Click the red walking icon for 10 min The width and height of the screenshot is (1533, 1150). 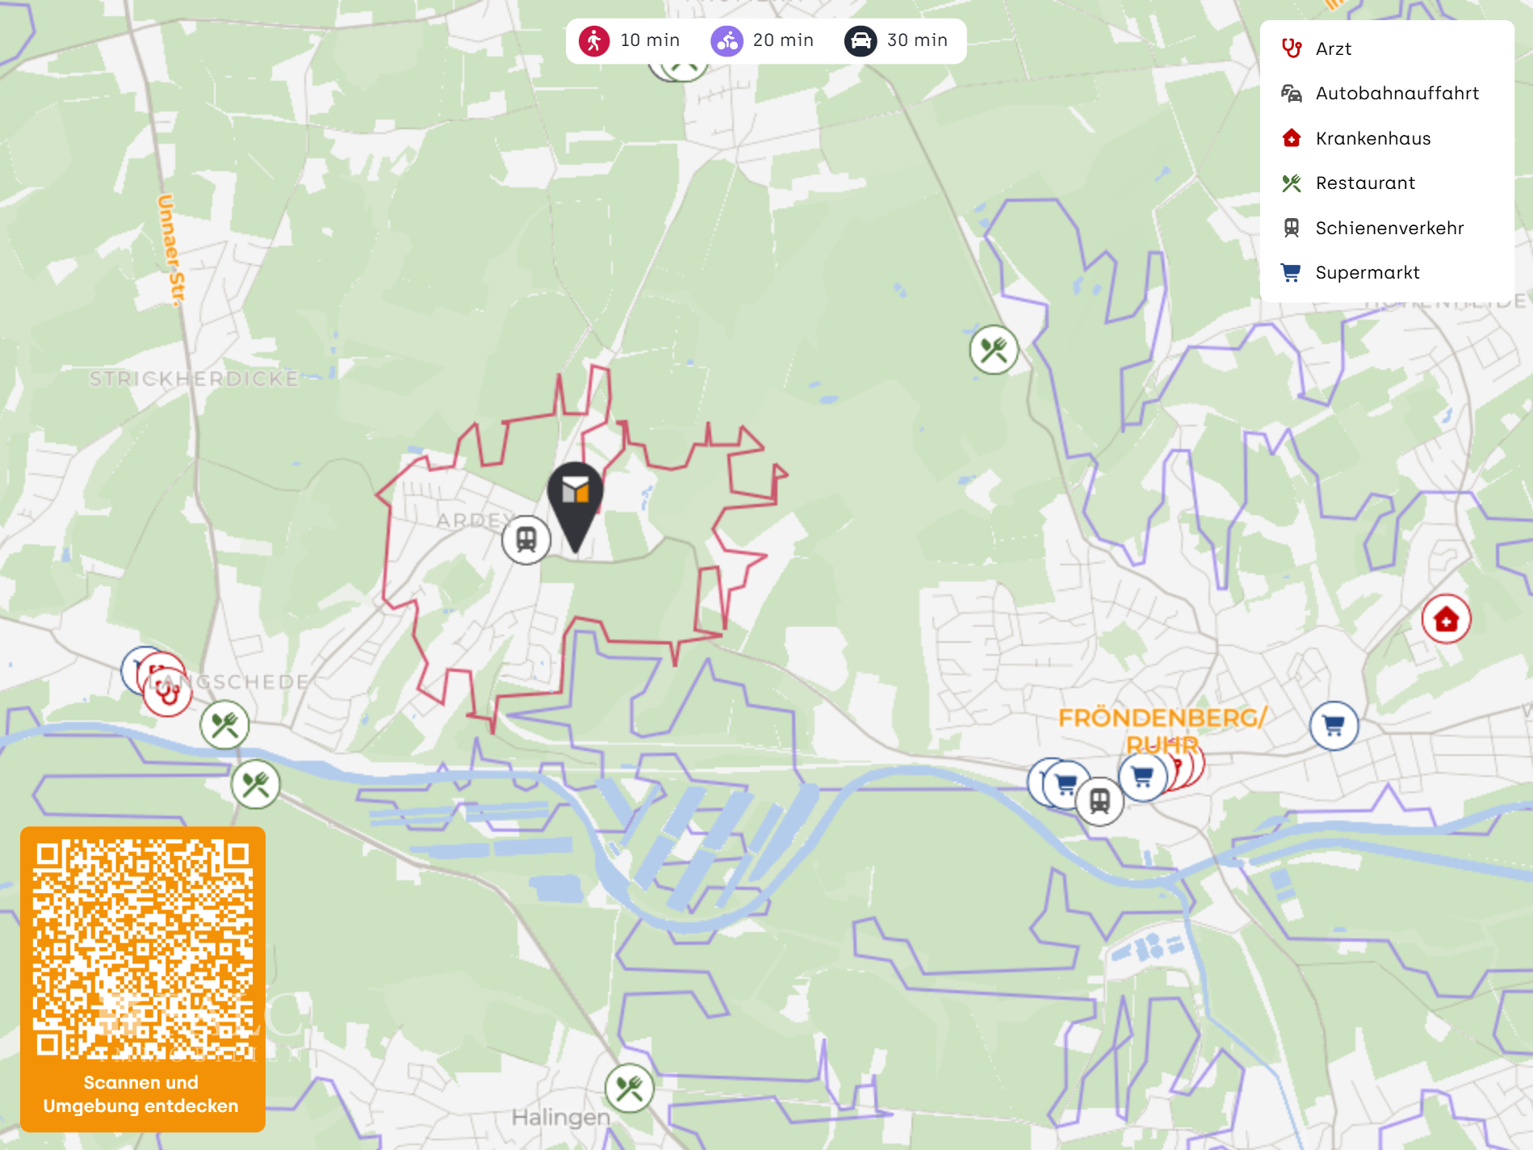pyautogui.click(x=594, y=40)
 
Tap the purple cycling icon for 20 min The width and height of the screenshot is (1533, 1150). pyautogui.click(x=727, y=40)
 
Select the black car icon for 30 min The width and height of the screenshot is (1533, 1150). pyautogui.click(x=861, y=40)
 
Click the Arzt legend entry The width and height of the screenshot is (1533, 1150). pyautogui.click(x=1333, y=49)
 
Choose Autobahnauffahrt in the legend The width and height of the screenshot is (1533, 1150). pyautogui.click(x=1397, y=94)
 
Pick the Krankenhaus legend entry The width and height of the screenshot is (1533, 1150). pyautogui.click(x=1372, y=139)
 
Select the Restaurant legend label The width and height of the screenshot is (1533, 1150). pyautogui.click(x=1365, y=183)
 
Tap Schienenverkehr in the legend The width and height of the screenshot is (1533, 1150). pyautogui.click(x=1388, y=229)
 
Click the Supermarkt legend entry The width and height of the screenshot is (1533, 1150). pyautogui.click(x=1367, y=273)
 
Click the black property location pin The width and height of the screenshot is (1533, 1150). pyautogui.click(x=575, y=497)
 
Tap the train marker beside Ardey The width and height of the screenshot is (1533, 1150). pyautogui.click(x=526, y=539)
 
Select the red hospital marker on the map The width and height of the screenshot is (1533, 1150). pyautogui.click(x=1446, y=619)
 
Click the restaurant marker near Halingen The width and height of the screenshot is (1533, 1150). pyautogui.click(x=629, y=1089)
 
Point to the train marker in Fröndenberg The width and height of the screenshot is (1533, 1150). pyautogui.click(x=1099, y=801)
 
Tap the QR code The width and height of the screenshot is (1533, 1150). pyautogui.click(x=143, y=949)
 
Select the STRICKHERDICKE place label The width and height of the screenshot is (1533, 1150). pyautogui.click(x=194, y=379)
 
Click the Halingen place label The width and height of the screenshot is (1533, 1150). pyautogui.click(x=560, y=1118)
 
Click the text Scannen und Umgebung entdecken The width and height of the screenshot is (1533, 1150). pyautogui.click(x=141, y=1094)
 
